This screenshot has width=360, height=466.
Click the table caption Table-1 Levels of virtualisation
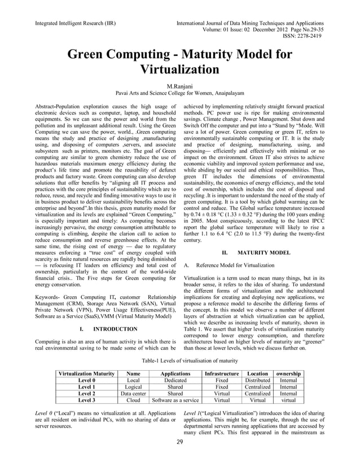coord(180,359)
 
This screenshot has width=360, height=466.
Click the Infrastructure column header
coord(222,373)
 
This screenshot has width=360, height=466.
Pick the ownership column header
coord(288,373)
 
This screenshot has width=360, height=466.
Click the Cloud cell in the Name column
coord(133,401)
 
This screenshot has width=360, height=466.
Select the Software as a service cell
coord(175,401)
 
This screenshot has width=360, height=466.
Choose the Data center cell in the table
coord(133,394)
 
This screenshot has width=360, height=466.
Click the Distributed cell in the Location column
coord(257,380)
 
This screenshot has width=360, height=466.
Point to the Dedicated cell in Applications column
coord(175,380)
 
